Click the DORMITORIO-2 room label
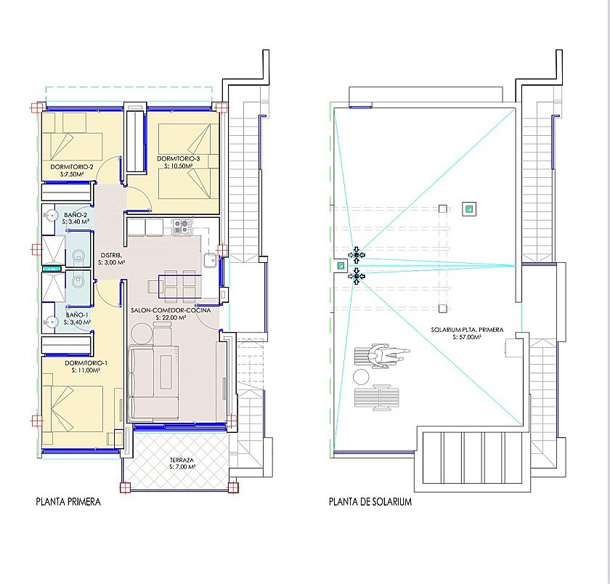(x=72, y=167)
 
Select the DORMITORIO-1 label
(x=86, y=363)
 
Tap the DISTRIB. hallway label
(x=112, y=256)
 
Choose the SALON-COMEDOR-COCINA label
(x=171, y=310)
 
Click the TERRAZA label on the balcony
(x=182, y=460)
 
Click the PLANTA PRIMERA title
(x=68, y=502)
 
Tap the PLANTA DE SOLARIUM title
(x=370, y=502)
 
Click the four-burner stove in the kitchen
(x=182, y=227)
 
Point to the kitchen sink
(x=210, y=260)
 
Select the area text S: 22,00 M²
(x=171, y=317)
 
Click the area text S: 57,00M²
(x=467, y=337)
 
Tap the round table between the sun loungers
(x=361, y=377)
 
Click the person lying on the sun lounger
(x=389, y=355)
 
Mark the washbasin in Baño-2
(x=50, y=215)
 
